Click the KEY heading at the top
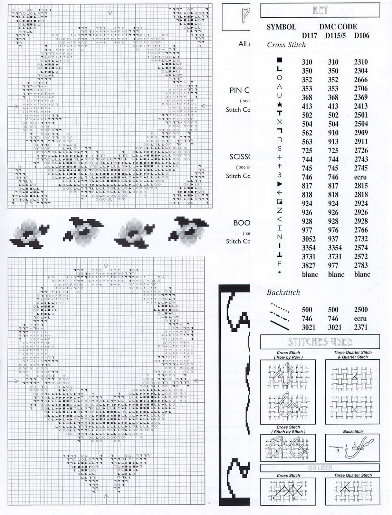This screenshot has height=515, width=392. [320, 10]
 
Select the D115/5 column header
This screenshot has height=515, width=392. [335, 36]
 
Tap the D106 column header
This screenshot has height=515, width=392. [362, 36]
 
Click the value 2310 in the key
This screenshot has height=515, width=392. [361, 62]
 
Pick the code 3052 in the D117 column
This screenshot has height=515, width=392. [307, 239]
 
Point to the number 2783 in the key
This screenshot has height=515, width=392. [361, 266]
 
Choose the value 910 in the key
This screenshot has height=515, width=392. [333, 133]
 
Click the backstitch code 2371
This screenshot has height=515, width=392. [361, 328]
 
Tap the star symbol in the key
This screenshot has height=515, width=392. [279, 104]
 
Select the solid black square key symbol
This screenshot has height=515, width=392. [279, 60]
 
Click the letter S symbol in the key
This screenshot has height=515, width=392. [279, 148]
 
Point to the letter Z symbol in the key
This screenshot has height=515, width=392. [279, 210]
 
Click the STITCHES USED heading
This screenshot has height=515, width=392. [320, 342]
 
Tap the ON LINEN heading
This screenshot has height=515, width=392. [320, 468]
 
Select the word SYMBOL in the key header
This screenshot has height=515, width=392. [281, 27]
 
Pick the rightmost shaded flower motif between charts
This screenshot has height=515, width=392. [188, 229]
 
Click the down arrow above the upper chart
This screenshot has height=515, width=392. [110, 12]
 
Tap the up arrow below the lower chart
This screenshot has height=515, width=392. [106, 496]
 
